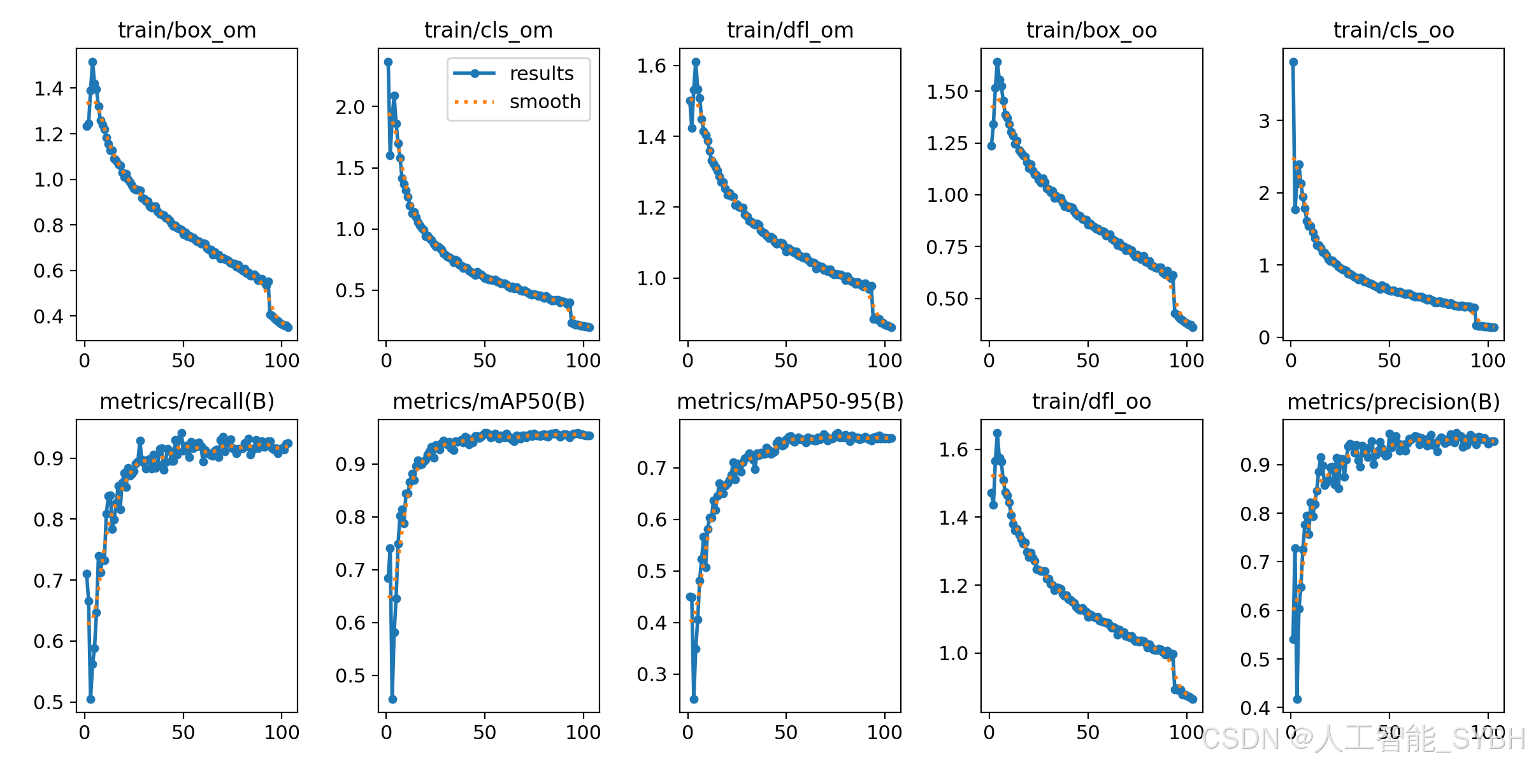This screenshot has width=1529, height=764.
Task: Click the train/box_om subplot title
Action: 187,30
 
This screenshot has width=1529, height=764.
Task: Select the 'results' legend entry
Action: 513,73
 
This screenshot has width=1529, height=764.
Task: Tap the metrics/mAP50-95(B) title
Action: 790,401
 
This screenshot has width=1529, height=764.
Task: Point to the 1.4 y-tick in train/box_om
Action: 49,88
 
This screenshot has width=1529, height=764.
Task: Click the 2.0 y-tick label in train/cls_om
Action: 350,107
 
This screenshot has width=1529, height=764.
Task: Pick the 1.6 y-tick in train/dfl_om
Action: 652,66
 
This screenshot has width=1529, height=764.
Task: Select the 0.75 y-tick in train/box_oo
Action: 947,247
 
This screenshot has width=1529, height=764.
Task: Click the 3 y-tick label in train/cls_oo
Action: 1265,121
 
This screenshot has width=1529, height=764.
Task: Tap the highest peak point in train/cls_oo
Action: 1293,62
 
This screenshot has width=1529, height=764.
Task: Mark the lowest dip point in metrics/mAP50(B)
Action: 392,699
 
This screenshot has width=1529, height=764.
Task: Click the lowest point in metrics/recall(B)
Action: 90,699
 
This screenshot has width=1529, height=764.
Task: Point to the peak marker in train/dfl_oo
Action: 997,433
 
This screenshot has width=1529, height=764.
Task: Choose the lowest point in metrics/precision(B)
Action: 1297,699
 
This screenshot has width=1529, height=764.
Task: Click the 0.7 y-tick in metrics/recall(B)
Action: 49,581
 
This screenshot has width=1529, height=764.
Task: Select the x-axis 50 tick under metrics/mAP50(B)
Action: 485,732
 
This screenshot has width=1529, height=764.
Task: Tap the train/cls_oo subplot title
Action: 1394,30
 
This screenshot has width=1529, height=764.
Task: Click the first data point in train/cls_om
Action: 388,62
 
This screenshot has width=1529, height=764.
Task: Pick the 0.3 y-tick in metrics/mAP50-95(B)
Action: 652,674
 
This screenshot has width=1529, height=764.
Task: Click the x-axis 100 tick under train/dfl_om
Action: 884,361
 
